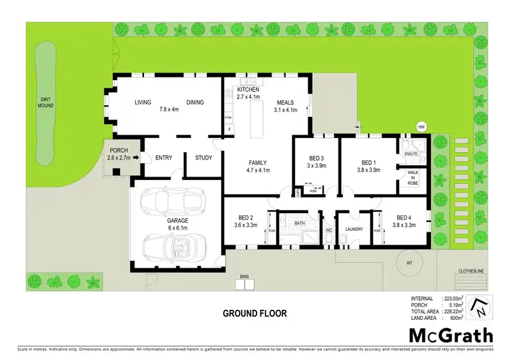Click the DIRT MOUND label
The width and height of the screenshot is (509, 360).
coord(45,103)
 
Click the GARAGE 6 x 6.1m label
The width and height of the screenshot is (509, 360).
coord(178,224)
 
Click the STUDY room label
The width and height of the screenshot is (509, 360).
coord(204,158)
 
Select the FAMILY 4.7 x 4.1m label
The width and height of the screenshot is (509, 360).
coord(257,167)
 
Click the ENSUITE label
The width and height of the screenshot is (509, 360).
coord(411,154)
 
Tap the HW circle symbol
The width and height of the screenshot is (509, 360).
coord(421,127)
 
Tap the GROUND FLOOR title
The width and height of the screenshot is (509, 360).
coord(254,314)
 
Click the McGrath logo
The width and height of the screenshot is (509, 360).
coord(451,336)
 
